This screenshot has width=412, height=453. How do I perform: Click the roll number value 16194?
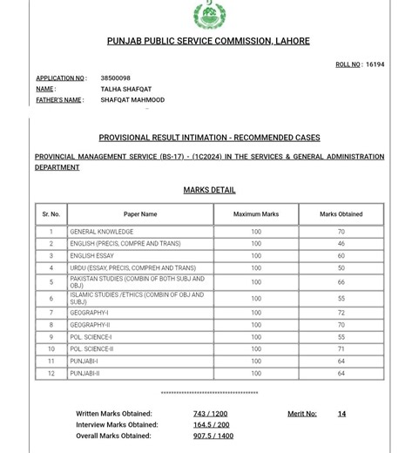click(x=375, y=64)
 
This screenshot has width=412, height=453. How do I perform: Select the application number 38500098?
click(x=115, y=78)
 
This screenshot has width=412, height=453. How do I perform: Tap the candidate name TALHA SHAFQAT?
click(x=126, y=89)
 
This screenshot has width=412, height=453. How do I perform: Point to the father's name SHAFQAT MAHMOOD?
click(x=132, y=100)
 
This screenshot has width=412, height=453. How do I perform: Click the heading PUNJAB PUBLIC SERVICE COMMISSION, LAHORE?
click(x=208, y=41)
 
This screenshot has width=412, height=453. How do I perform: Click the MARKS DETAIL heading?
click(x=209, y=190)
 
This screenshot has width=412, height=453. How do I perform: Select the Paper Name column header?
click(x=140, y=213)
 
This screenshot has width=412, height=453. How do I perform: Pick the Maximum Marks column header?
click(x=256, y=213)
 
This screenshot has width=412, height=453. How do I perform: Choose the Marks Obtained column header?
click(x=341, y=213)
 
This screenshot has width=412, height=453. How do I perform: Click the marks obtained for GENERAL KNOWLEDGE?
click(x=341, y=232)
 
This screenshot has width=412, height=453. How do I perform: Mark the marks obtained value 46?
click(x=341, y=244)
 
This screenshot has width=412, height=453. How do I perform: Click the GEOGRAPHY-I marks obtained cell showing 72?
click(x=341, y=312)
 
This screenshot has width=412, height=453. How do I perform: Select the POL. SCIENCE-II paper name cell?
click(x=92, y=348)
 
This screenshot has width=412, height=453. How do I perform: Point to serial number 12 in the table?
click(x=51, y=373)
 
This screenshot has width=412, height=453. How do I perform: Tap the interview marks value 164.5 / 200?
click(x=211, y=424)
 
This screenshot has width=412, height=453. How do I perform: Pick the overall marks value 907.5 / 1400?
click(x=213, y=436)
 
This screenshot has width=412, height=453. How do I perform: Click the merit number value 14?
click(x=341, y=414)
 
